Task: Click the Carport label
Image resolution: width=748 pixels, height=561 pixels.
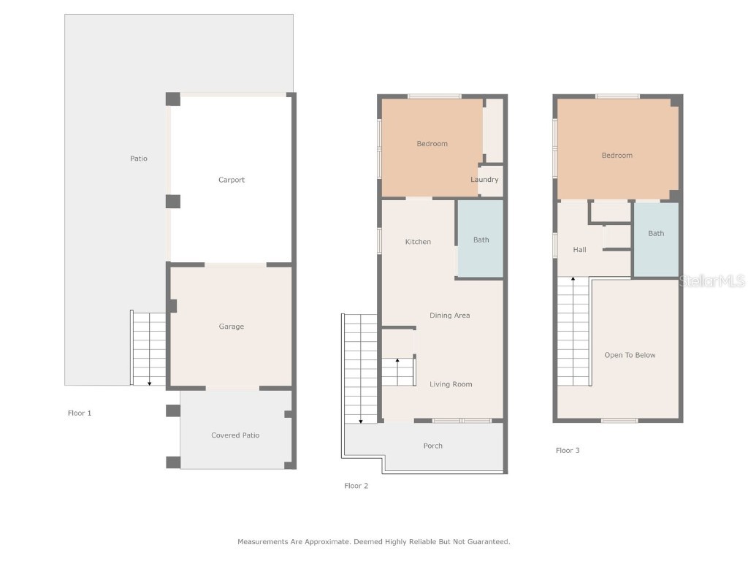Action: pyautogui.click(x=232, y=180)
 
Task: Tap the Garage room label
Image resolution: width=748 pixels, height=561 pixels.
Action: pyautogui.click(x=232, y=327)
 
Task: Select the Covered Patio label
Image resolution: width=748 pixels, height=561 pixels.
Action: pyautogui.click(x=235, y=435)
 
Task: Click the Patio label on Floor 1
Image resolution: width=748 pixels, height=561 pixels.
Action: pyautogui.click(x=139, y=159)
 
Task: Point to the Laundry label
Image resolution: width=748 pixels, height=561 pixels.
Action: pyautogui.click(x=484, y=180)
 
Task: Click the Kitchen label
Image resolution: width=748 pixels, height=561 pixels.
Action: pyautogui.click(x=418, y=242)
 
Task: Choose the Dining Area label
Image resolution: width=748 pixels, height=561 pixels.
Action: pyautogui.click(x=449, y=316)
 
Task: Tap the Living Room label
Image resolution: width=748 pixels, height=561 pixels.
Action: pyautogui.click(x=451, y=384)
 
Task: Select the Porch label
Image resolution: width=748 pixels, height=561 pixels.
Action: pyautogui.click(x=432, y=446)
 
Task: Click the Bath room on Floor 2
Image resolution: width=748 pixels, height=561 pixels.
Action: pyautogui.click(x=481, y=240)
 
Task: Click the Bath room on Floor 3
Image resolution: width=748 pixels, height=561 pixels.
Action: pyautogui.click(x=656, y=234)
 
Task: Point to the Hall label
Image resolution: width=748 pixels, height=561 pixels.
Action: pyautogui.click(x=579, y=250)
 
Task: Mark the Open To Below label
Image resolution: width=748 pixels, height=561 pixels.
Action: pyautogui.click(x=630, y=355)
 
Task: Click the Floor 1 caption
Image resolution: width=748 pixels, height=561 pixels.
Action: pyautogui.click(x=80, y=413)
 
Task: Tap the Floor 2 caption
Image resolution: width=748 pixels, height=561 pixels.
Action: pyautogui.click(x=356, y=486)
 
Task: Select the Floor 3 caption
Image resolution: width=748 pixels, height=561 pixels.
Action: pyautogui.click(x=568, y=451)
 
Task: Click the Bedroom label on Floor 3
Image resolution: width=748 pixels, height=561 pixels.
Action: pyautogui.click(x=617, y=156)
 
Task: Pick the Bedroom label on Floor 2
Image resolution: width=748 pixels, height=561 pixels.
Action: pyautogui.click(x=432, y=144)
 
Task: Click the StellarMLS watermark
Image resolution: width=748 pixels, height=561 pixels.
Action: pyautogui.click(x=711, y=281)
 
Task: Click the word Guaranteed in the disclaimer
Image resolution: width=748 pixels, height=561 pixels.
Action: pyautogui.click(x=488, y=542)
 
